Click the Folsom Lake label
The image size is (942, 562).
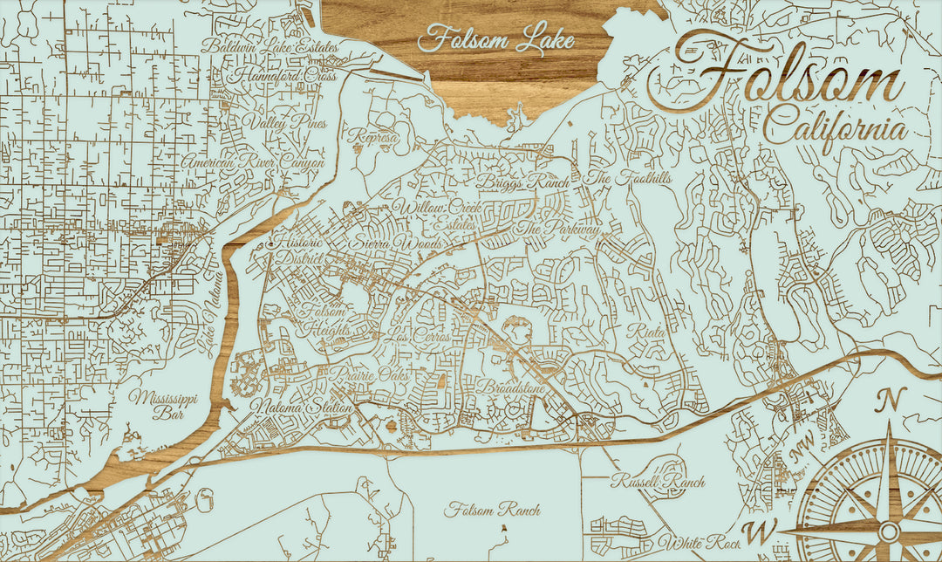click(495, 40)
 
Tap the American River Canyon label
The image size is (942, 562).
click(253, 162)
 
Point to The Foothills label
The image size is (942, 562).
click(618, 178)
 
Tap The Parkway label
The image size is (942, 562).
click(558, 229)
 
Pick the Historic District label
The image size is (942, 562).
click(299, 251)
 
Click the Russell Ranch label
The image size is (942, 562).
click(658, 481)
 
